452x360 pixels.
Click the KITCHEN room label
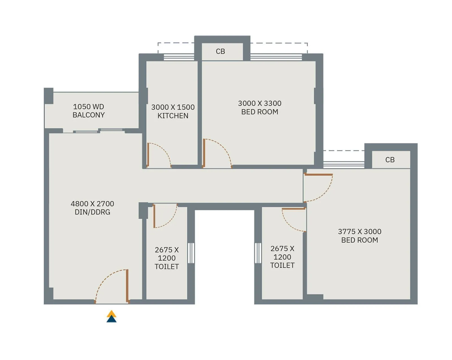[x=173, y=116]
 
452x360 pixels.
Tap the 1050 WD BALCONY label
[x=88, y=111]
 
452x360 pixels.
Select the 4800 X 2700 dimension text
[x=92, y=203]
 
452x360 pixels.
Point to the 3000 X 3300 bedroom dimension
[x=259, y=103]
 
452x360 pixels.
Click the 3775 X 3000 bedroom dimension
[x=359, y=231]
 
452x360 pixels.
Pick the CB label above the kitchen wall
[x=220, y=51]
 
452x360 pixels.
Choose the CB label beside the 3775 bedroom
[x=390, y=160]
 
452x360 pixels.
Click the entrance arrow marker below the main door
[x=112, y=316]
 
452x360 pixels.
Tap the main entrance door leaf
[x=127, y=285]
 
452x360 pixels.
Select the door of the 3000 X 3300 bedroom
[x=204, y=153]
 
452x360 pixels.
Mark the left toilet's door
[x=154, y=216]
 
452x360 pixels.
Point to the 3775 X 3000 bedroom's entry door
[x=319, y=175]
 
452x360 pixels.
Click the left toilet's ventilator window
[x=191, y=253]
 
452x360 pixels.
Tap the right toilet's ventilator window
[x=258, y=253]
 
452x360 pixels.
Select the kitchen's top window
[x=179, y=57]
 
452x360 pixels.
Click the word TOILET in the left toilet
[x=167, y=266]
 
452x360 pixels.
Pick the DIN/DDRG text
[x=92, y=212]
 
